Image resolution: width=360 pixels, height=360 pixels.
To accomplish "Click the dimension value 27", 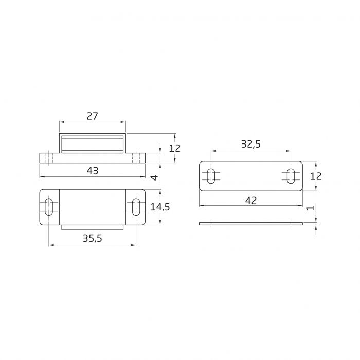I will point(92,116).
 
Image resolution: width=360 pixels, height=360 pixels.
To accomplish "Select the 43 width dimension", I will point(92,171).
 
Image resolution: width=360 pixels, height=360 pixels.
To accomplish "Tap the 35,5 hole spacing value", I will point(92,238).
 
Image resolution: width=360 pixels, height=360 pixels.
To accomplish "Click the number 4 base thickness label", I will point(154,177).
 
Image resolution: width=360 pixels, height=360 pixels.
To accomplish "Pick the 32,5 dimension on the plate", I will point(250,145).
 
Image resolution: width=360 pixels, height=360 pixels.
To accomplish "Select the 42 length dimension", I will point(250,200).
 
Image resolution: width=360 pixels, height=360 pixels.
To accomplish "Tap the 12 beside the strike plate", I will point(315,176).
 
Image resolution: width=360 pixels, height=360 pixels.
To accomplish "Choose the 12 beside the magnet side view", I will point(175,148).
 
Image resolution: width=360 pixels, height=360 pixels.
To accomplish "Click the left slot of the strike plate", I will point(211,176).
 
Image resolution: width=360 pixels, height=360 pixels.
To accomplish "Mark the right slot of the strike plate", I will point(291,176).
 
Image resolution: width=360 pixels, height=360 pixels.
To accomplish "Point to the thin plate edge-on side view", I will point(250,223).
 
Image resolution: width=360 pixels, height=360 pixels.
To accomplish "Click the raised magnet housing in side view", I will point(92,143).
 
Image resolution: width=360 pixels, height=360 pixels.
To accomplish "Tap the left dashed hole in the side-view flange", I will point(48,158).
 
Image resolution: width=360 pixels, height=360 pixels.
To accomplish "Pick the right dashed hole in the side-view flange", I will point(137,158).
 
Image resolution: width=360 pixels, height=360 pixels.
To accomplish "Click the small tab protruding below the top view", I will point(92,227).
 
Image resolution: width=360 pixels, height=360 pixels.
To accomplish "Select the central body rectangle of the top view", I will point(92,207).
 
